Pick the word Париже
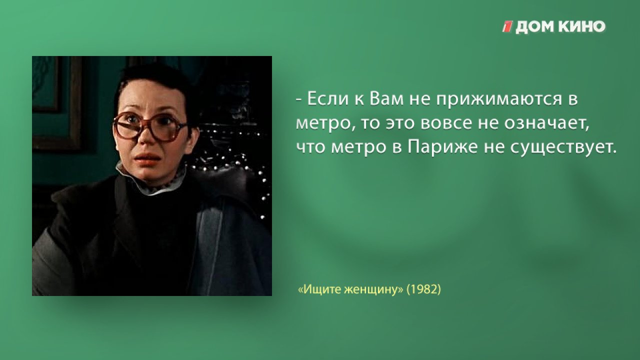tap(442, 147)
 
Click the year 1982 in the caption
tap(423, 289)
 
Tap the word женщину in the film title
tap(371, 289)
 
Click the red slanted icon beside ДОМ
tap(507, 26)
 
